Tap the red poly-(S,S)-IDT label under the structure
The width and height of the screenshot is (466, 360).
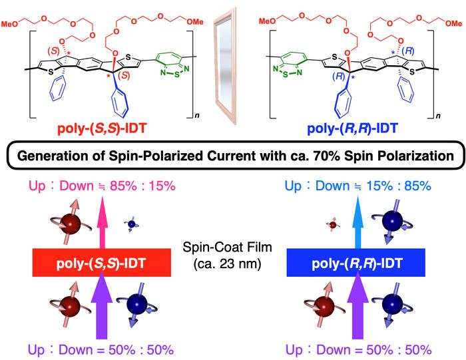(102, 129)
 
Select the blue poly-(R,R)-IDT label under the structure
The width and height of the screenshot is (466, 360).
(352, 129)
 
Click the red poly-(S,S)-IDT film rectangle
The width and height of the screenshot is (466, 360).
(102, 263)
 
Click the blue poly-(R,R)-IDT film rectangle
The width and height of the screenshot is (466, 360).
(355, 263)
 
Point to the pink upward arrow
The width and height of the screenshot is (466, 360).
(102, 223)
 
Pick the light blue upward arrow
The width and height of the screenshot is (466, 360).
(357, 223)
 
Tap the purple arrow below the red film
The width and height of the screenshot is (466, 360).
(102, 306)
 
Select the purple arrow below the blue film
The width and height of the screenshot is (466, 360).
(358, 306)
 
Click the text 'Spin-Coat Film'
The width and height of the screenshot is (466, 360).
(228, 248)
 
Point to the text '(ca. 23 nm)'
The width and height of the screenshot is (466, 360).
(228, 264)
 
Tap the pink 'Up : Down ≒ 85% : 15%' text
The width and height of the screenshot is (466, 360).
(102, 186)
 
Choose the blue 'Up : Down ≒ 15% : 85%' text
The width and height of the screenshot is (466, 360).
(358, 186)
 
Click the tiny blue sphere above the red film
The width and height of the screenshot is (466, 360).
(131, 224)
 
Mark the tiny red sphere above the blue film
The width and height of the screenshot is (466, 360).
(333, 224)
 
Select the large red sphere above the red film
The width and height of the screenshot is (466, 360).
(70, 224)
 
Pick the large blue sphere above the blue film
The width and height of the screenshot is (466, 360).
(392, 222)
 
